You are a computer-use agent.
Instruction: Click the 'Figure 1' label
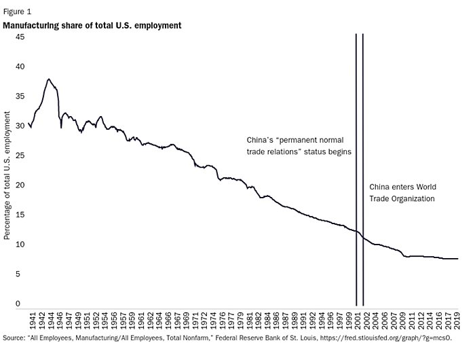[17, 12]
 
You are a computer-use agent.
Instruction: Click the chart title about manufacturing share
[92, 26]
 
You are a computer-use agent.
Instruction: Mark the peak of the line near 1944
[48, 79]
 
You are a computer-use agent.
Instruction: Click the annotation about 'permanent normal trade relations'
[299, 145]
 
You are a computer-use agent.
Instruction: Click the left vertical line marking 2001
[356, 170]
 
